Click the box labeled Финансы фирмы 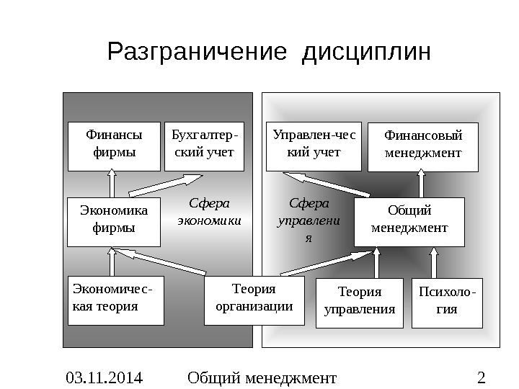tap(114, 146)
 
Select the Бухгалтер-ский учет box tap(204, 146)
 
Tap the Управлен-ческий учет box tap(314, 146)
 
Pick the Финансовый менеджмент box tap(422, 148)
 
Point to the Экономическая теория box tap(114, 300)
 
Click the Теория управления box tap(360, 303)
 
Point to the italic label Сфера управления tap(309, 220)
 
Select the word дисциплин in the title tap(368, 53)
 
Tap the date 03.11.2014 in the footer tap(104, 377)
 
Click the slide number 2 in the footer tap(482, 377)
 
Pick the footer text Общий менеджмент tap(261, 377)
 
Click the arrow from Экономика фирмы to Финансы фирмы tap(113, 184)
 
